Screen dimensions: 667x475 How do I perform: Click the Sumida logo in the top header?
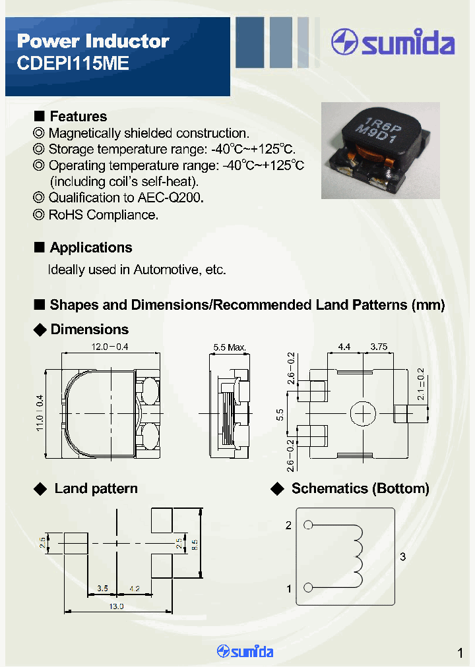coord(393,43)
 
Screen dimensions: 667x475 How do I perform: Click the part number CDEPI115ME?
coord(73,64)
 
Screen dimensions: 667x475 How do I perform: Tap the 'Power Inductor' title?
coord(93,41)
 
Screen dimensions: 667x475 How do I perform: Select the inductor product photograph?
coord(380,150)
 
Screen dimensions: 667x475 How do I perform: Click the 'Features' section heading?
coord(78,117)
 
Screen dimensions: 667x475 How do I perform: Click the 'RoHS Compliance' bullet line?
coord(103,214)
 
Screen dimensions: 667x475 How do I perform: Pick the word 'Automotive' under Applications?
coord(165,270)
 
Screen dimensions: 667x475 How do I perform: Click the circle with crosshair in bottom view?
coord(362,414)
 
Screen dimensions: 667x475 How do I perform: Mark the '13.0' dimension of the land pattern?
coord(116,606)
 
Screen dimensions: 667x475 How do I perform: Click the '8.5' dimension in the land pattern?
coord(194,545)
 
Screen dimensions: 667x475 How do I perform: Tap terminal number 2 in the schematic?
coord(288,525)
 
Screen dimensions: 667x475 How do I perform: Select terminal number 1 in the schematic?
coord(288,589)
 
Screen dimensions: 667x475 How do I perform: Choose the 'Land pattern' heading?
coord(96,488)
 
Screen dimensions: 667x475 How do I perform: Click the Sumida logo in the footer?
coord(245,652)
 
